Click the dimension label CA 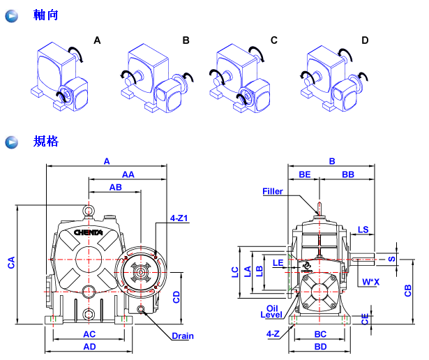(x=11, y=263)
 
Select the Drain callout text (x=183, y=336)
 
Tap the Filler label (x=273, y=191)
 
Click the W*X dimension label (x=371, y=282)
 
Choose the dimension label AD (x=89, y=346)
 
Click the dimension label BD (x=320, y=346)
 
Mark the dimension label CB (x=409, y=290)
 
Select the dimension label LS (x=363, y=230)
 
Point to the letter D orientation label (x=365, y=40)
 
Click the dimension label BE (x=305, y=174)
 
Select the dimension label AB (x=115, y=188)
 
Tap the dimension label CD (x=176, y=297)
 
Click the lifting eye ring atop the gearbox (x=88, y=208)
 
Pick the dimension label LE (x=278, y=263)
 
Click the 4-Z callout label (x=273, y=334)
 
